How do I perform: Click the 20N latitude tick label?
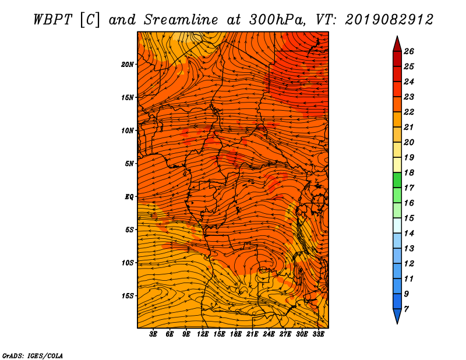coord(127,65)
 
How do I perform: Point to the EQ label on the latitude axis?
coord(129,197)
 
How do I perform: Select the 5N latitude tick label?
coord(129,164)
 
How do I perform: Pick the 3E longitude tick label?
coord(153,334)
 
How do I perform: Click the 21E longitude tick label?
coord(252,334)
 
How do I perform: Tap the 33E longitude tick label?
coord(318,334)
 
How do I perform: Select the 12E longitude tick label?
coord(203,334)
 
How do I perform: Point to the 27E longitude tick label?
coord(285,334)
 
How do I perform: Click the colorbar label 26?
coord(409,51)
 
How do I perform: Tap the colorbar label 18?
coord(409,172)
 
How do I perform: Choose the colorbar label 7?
coord(406,309)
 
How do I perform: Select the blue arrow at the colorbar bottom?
coord(397,315)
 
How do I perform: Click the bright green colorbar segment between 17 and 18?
coord(397,180)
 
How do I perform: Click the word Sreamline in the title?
coord(181,20)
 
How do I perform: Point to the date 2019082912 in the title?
coord(389,20)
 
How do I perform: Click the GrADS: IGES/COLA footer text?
coord(33,356)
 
